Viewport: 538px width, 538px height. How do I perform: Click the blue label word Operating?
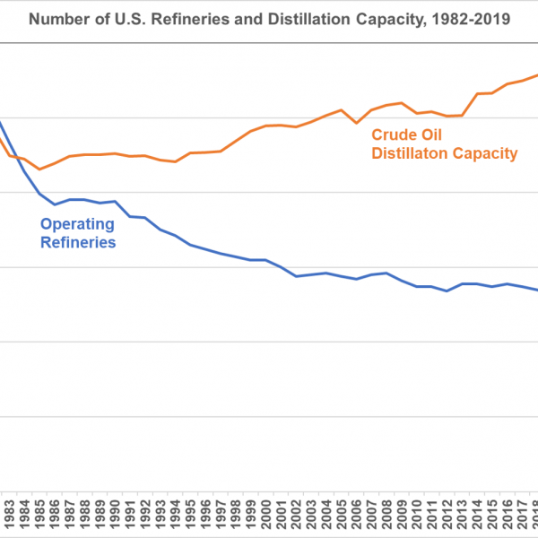coord(78,224)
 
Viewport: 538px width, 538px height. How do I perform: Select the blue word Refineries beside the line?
coord(78,242)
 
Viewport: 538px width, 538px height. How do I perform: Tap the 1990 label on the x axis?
coord(115,517)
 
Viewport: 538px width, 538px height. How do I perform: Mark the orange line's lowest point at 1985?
coord(39,169)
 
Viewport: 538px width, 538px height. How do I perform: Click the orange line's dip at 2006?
coord(356,123)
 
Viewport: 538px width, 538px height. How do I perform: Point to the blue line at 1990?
coord(115,202)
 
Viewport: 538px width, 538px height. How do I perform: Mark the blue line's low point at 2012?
coord(447,291)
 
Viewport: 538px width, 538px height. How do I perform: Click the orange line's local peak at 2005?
coord(341,110)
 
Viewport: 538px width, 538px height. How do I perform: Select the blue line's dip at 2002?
coord(296,276)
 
